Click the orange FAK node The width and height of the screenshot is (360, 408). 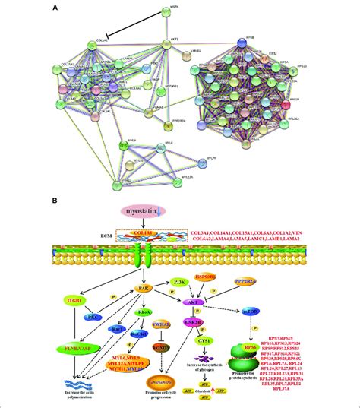click(142, 289)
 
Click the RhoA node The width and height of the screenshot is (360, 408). click(146, 312)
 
